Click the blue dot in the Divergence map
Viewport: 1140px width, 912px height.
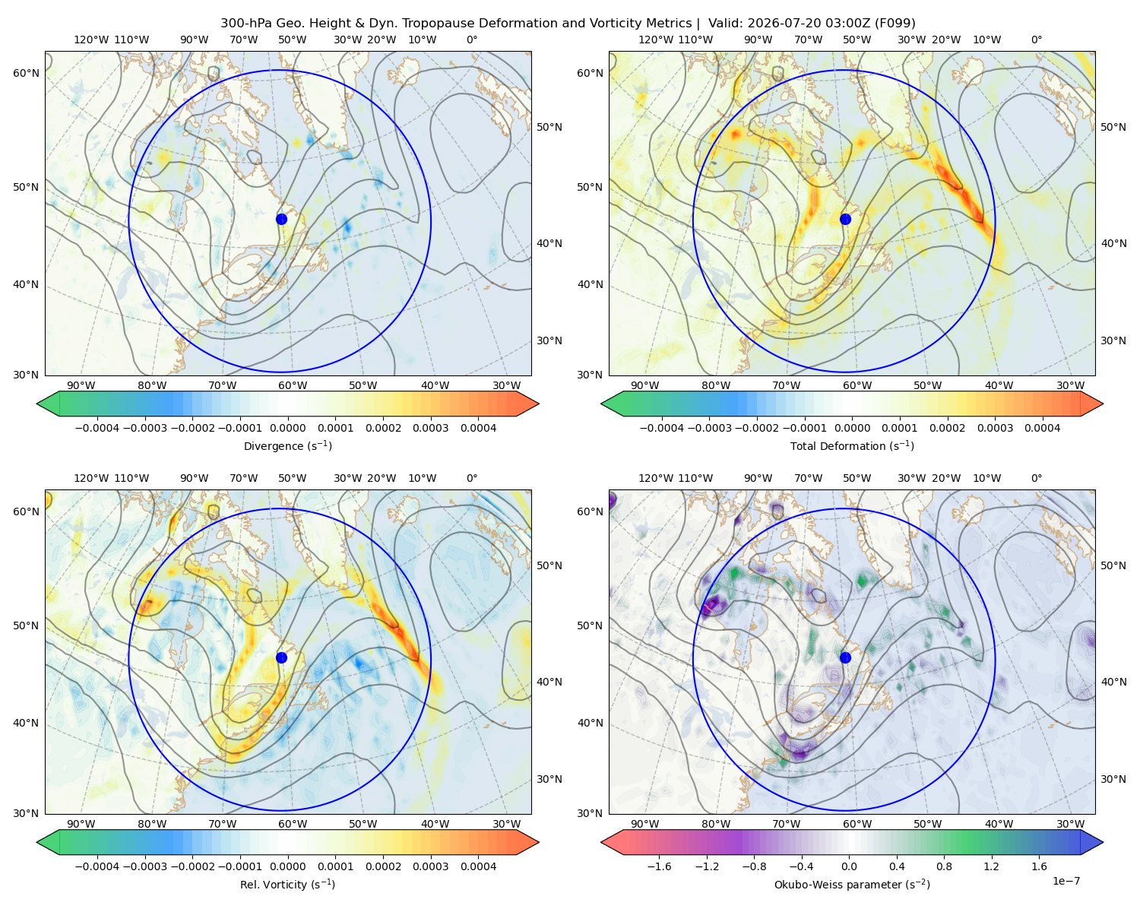[x=281, y=219]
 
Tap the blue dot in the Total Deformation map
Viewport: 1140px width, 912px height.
[x=845, y=219]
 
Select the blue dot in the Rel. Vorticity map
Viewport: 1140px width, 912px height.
[x=281, y=657]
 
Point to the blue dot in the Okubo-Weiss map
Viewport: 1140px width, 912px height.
[x=845, y=657]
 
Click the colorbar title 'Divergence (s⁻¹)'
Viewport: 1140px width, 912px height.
[x=287, y=445]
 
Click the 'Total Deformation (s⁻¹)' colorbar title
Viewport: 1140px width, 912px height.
[x=852, y=445]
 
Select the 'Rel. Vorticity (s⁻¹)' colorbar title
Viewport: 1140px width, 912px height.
[x=287, y=884]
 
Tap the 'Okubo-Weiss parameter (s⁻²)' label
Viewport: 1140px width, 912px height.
[x=852, y=884]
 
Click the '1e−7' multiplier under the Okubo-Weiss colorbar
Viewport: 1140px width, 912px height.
[x=1066, y=881]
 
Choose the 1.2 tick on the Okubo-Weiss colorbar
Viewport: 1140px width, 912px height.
[x=991, y=866]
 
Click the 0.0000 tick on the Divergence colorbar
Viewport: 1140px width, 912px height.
[x=287, y=428]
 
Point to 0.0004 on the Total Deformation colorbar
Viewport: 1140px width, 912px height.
[x=1042, y=428]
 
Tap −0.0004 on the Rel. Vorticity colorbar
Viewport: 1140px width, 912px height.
[x=97, y=866]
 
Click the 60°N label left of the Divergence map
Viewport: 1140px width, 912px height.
[x=26, y=73]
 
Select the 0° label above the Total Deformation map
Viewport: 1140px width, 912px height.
[x=1036, y=40]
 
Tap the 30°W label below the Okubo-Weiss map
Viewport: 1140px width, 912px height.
[x=1070, y=824]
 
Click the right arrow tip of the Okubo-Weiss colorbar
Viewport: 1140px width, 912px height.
[x=1103, y=841]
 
